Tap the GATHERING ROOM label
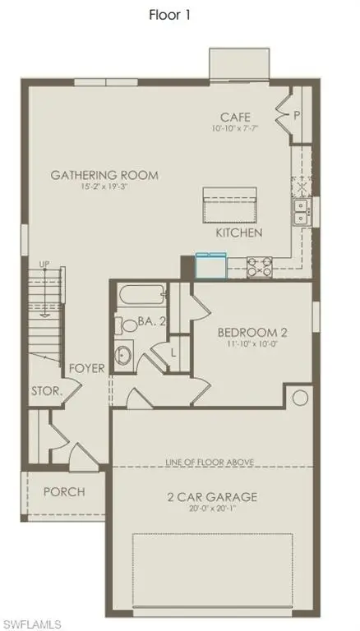[104, 175]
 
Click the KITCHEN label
[238, 233]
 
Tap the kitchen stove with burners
[261, 266]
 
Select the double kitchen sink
[302, 212]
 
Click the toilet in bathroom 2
[127, 325]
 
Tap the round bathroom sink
[123, 356]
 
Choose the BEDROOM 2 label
[252, 333]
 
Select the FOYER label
[87, 368]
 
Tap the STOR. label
[47, 391]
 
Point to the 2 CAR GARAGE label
[211, 497]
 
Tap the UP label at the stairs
[47, 263]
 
